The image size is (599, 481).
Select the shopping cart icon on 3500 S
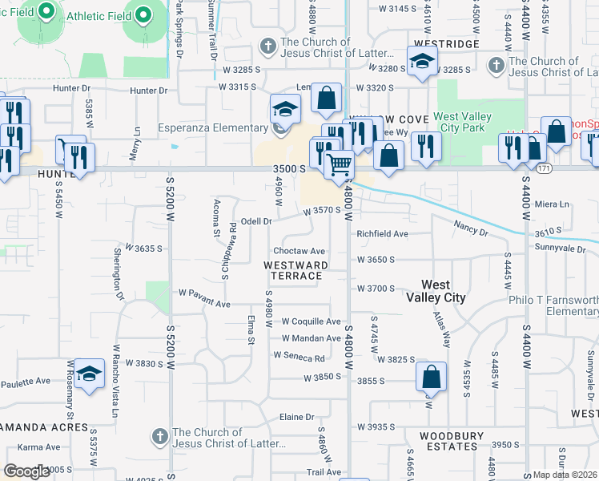[340, 165]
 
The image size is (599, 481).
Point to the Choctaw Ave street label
[299, 251]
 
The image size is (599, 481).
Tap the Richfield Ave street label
[383, 234]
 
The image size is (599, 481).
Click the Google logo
[26, 471]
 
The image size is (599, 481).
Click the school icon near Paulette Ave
[90, 374]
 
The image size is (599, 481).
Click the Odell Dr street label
[257, 221]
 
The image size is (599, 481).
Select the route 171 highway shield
[545, 168]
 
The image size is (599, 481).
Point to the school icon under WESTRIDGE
[421, 62]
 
